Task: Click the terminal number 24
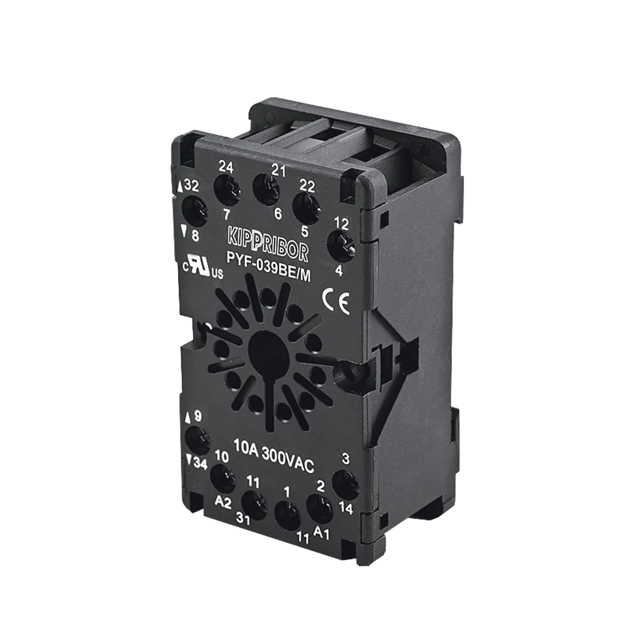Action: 225,167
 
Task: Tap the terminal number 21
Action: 278,170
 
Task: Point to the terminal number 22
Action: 307,186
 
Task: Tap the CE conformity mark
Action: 336,302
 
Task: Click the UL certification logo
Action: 203,267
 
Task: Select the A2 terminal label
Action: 223,502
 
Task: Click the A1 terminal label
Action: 322,533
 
